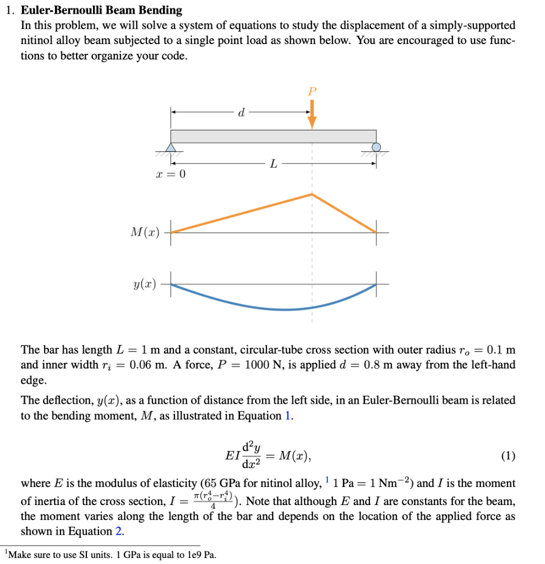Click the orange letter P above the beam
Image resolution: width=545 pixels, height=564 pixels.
coord(312,91)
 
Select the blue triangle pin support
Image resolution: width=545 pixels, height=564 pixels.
coord(171,147)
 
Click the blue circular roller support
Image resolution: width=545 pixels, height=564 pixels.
coord(376,147)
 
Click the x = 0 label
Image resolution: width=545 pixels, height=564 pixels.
coord(171,175)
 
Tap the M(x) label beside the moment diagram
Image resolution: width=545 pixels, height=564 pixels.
coord(145,232)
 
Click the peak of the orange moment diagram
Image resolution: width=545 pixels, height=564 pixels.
coord(312,194)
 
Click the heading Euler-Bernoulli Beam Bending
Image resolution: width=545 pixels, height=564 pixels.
coord(101,10)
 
